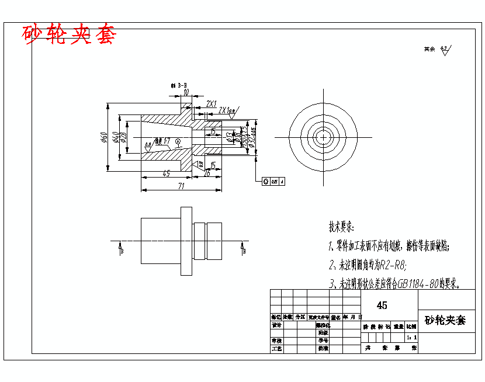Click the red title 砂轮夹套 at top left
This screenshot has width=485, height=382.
(x=70, y=35)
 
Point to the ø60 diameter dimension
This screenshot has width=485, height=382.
(x=104, y=138)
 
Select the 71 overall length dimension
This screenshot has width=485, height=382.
(x=181, y=186)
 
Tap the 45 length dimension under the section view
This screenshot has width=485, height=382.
(x=166, y=173)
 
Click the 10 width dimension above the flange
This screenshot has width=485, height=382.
(x=186, y=92)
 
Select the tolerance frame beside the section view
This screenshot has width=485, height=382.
(x=273, y=182)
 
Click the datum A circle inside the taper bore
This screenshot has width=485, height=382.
(x=178, y=141)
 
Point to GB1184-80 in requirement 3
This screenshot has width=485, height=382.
(x=418, y=284)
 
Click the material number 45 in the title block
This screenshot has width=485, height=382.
(x=382, y=305)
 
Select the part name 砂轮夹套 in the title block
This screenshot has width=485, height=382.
(x=445, y=320)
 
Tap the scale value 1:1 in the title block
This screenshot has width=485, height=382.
(x=411, y=338)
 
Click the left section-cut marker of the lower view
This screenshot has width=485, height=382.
(x=120, y=248)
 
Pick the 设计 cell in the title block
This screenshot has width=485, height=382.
(x=276, y=325)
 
